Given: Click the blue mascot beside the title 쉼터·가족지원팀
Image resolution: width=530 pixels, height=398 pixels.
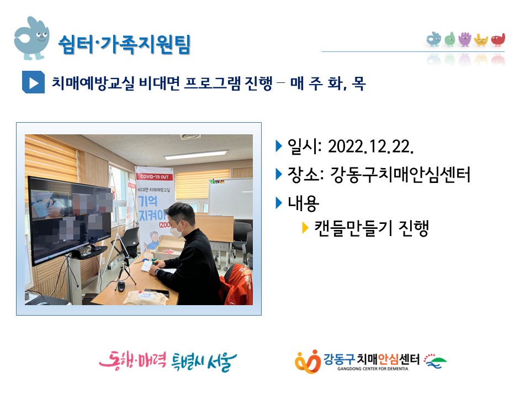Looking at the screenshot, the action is coord(31,38).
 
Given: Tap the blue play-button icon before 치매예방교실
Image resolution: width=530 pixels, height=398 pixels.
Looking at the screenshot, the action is coord(33,82).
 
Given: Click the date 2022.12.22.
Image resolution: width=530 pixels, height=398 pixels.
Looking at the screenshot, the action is coord(371,146).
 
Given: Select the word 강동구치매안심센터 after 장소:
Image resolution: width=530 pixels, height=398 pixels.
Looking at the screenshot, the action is coord(400,175).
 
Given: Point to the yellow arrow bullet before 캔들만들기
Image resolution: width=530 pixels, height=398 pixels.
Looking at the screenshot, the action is coord(305,228).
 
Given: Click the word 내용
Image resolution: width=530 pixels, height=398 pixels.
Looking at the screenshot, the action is coord(303,203).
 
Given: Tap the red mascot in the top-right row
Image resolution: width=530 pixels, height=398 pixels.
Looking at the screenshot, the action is coord(498,40).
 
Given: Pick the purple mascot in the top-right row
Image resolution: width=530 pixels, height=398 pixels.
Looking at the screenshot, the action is coord(465,39).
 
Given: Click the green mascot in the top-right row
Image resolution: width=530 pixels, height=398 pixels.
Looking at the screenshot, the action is coord(449,39).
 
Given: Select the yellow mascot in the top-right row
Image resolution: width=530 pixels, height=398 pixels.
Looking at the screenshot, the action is coord(481,40).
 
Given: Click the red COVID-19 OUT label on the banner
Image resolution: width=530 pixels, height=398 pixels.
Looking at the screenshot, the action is coord(155,177).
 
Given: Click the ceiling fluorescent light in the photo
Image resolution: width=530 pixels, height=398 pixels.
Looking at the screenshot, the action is coord(195,155).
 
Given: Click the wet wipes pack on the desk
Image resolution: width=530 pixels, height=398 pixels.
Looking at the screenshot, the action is coord(146,297).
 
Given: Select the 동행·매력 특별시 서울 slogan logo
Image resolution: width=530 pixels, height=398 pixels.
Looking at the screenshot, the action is coord(168,361).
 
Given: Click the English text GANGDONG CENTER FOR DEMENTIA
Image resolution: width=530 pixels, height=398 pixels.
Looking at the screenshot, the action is coord(373,369).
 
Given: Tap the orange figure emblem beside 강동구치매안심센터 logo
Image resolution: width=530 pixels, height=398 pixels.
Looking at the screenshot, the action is coord(308,362).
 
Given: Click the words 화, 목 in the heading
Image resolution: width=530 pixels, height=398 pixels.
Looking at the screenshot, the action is coord(347,83).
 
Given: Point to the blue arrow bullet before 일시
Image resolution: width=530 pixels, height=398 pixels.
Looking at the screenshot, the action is coord(279,146).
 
